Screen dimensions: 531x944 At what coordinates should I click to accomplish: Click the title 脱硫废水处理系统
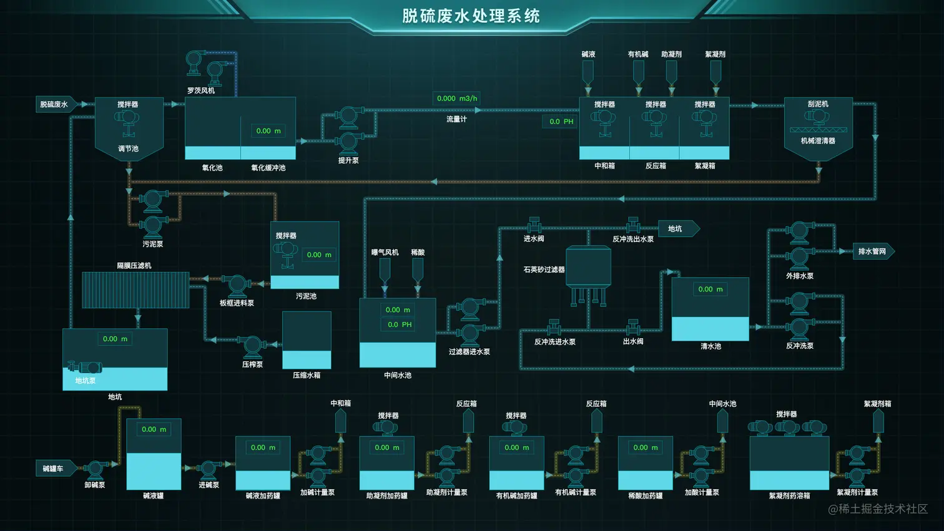pyautogui.click(x=471, y=16)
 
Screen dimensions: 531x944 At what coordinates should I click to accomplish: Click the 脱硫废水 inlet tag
pyautogui.click(x=55, y=104)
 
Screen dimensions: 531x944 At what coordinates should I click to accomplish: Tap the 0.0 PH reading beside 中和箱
pyautogui.click(x=561, y=122)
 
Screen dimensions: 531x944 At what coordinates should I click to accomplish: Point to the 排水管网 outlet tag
pyautogui.click(x=873, y=251)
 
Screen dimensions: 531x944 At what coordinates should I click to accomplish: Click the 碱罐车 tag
pyautogui.click(x=54, y=469)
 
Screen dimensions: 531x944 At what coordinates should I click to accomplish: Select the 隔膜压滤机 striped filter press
pyautogui.click(x=135, y=290)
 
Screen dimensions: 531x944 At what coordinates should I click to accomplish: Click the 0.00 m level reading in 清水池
pyautogui.click(x=710, y=290)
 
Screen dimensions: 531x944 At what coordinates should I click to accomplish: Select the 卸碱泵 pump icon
pyautogui.click(x=96, y=469)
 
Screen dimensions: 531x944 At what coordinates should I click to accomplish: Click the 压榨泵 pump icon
pyautogui.click(x=252, y=346)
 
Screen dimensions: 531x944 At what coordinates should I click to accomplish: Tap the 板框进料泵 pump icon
pyautogui.click(x=237, y=286)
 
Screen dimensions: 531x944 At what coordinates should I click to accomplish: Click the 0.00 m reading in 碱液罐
pyautogui.click(x=154, y=429)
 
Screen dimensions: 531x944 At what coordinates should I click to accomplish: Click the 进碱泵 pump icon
pyautogui.click(x=209, y=469)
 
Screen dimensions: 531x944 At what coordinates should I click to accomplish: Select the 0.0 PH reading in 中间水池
pyautogui.click(x=400, y=324)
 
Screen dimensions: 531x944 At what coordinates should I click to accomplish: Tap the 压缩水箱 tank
pyautogui.click(x=307, y=341)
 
